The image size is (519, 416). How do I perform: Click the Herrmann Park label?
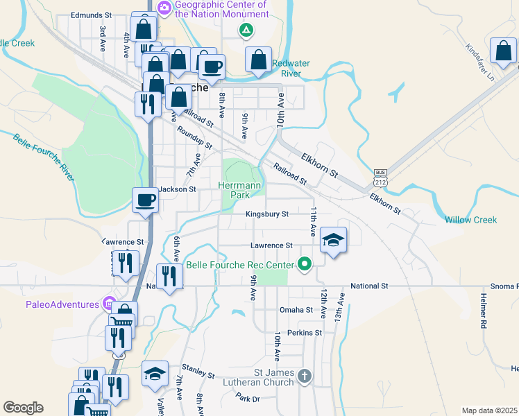(239, 191)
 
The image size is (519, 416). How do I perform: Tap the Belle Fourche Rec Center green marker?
(304, 263)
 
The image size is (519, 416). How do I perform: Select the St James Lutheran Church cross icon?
(303, 376)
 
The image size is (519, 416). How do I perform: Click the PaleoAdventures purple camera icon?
(108, 303)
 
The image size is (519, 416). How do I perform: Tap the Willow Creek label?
(470, 220)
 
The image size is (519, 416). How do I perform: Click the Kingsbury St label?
(266, 214)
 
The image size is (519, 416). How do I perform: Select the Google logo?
(23, 408)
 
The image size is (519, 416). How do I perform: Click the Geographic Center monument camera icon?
(164, 9)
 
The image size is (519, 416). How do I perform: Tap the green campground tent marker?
(244, 31)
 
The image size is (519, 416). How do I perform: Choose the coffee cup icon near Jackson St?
(146, 200)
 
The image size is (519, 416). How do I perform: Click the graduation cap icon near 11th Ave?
(333, 241)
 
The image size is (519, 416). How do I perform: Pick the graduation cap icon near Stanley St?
(155, 374)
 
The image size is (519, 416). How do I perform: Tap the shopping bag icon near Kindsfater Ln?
(503, 51)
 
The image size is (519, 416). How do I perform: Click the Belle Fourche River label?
(43, 157)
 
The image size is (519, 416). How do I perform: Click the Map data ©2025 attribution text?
(489, 410)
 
